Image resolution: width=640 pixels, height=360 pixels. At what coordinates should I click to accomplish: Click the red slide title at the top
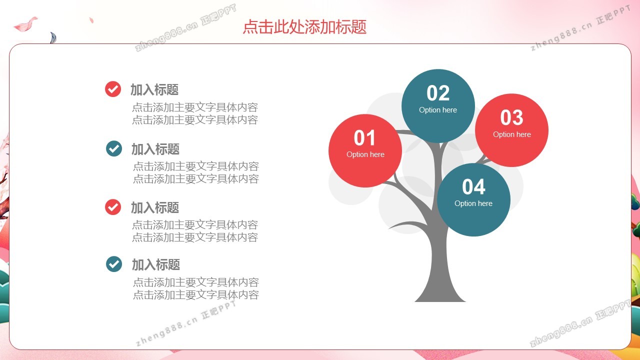pyautogui.click(x=304, y=27)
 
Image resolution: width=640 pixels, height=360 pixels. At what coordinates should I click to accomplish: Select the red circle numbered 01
pyautogui.click(x=365, y=150)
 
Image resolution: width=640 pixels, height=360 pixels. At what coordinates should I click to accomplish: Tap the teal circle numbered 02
pyautogui.click(x=438, y=105)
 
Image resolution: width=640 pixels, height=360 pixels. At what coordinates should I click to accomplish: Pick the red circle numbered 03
pyautogui.click(x=511, y=130)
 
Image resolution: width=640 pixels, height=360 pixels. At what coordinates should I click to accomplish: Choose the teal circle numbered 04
pyautogui.click(x=473, y=199)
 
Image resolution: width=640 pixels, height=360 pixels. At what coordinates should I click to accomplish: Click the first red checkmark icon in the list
pyautogui.click(x=113, y=89)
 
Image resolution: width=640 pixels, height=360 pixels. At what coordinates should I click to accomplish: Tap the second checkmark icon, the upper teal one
pyautogui.click(x=113, y=148)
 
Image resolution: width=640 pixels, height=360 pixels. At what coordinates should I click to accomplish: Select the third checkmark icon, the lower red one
pyautogui.click(x=113, y=207)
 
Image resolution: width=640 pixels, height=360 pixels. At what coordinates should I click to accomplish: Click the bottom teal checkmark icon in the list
pyautogui.click(x=113, y=264)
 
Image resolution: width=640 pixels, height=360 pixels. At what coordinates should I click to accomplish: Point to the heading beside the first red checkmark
pyautogui.click(x=154, y=89)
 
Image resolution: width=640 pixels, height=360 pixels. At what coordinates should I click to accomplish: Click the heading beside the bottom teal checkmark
pyautogui.click(x=156, y=264)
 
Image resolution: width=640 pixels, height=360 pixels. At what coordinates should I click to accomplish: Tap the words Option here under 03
pyautogui.click(x=511, y=134)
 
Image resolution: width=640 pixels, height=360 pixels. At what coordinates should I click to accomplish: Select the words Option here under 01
pyautogui.click(x=365, y=154)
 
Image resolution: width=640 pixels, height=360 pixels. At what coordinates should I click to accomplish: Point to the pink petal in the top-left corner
pyautogui.click(x=25, y=24)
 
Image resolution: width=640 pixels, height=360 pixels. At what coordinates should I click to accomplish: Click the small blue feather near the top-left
pyautogui.click(x=53, y=37)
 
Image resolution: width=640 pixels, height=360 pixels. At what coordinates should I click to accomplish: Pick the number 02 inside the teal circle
pyautogui.click(x=438, y=93)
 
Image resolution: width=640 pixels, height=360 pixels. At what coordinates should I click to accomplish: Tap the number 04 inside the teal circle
pyautogui.click(x=473, y=187)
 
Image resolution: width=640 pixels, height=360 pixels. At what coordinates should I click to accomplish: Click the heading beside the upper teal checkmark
pyautogui.click(x=155, y=149)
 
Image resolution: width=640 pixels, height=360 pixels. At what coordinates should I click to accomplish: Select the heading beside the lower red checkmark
pyautogui.click(x=155, y=207)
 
